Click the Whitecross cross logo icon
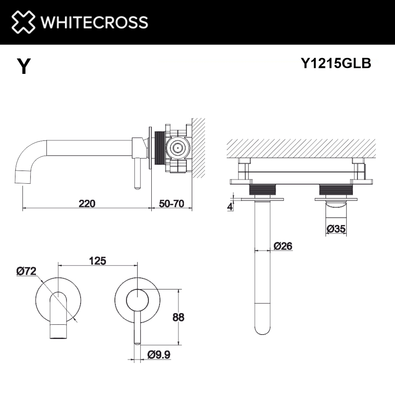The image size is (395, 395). click(23, 22)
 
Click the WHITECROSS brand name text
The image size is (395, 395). click(94, 22)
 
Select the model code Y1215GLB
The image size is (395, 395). click(336, 63)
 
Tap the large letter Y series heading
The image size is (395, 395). click(24, 66)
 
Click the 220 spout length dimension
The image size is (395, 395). click(87, 203)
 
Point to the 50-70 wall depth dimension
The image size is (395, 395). click(171, 203)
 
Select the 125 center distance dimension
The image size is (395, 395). click(98, 261)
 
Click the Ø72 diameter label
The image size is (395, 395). click(26, 271)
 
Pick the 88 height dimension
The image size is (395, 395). click(179, 317)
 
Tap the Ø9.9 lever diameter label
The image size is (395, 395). click(159, 355)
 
